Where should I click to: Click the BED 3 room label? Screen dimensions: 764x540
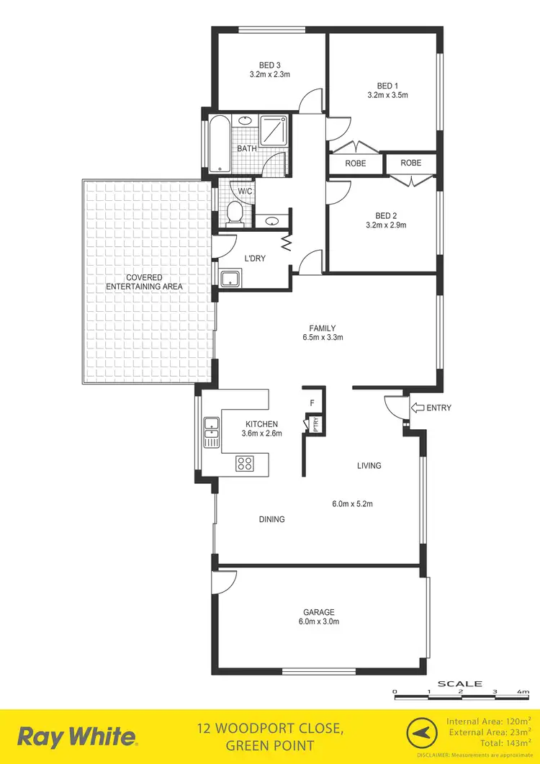(x=269, y=64)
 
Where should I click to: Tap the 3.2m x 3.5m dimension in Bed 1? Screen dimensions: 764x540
(x=387, y=94)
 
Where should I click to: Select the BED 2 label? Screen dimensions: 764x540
(x=386, y=215)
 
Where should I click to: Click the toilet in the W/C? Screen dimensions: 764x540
(x=235, y=212)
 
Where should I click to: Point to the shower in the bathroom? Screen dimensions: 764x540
(x=274, y=130)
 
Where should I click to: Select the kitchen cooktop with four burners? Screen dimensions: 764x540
(x=245, y=464)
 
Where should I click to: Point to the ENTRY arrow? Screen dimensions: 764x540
(x=417, y=408)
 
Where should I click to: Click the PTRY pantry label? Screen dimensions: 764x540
(x=315, y=425)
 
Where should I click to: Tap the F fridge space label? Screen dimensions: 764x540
(x=312, y=403)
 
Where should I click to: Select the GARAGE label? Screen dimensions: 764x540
(x=318, y=612)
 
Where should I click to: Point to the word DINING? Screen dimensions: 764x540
(x=271, y=519)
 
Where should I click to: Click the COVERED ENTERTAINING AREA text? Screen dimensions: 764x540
(x=144, y=282)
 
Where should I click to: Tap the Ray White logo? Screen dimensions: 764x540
(x=76, y=737)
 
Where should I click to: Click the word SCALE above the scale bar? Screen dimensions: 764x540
(x=460, y=683)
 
